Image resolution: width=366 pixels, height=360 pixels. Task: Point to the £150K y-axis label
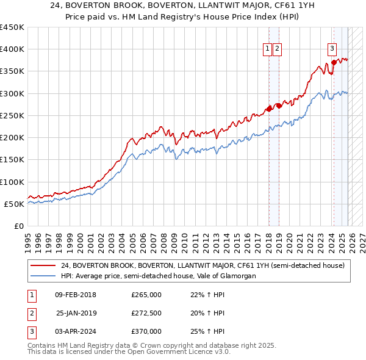[x=12, y=160]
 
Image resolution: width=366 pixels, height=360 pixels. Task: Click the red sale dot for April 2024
[x=334, y=62]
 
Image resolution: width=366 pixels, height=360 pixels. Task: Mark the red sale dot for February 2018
[x=269, y=109]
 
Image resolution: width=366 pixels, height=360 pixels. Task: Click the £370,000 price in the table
[x=146, y=331]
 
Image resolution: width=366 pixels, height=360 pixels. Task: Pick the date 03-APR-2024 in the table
[x=75, y=331]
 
